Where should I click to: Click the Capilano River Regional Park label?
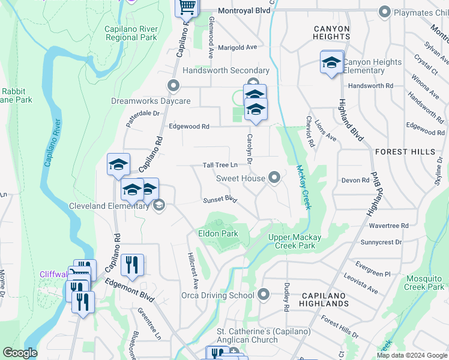pyautogui.click(x=123, y=33)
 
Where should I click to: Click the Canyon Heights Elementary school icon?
pyautogui.click(x=331, y=62)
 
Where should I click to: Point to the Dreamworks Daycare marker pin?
pyautogui.click(x=173, y=86)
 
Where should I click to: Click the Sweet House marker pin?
pyautogui.click(x=275, y=178)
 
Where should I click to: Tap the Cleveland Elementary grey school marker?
pyautogui.click(x=159, y=206)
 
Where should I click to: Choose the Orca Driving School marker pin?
pyautogui.click(x=264, y=295)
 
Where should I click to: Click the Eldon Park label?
pyautogui.click(x=218, y=233)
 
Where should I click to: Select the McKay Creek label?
pyautogui.click(x=304, y=187)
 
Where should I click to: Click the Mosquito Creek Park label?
pyautogui.click(x=424, y=283)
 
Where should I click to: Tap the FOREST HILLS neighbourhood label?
pyautogui.click(x=405, y=152)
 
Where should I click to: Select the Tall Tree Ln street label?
pyautogui.click(x=220, y=165)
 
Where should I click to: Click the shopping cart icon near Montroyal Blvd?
pyautogui.click(x=187, y=7)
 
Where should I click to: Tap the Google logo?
pyautogui.click(x=20, y=353)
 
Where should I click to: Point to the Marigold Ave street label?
pyautogui.click(x=237, y=47)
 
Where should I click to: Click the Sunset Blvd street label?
pyautogui.click(x=220, y=199)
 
